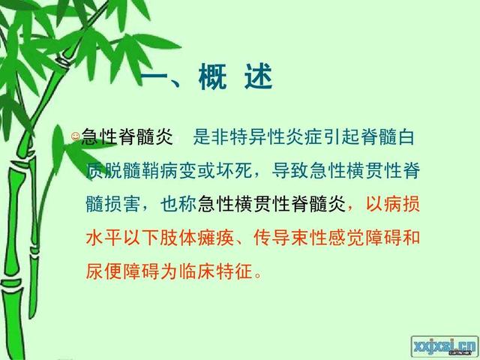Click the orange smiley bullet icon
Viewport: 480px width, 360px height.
pyautogui.click(x=75, y=136)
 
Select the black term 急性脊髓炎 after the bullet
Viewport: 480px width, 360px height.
pyautogui.click(x=127, y=136)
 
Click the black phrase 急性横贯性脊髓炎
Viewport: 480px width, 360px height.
pyautogui.click(x=271, y=202)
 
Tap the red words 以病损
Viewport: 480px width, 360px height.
pyautogui.click(x=389, y=202)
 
